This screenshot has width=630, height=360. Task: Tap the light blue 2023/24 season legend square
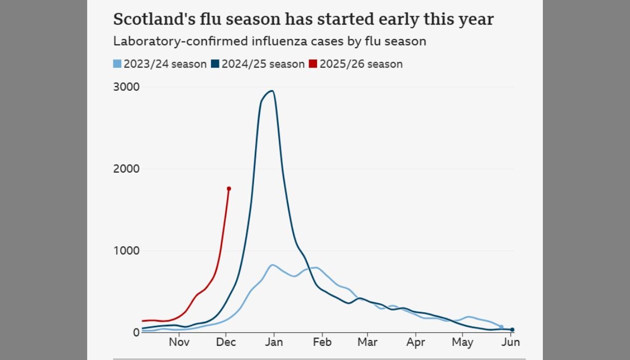click(x=117, y=64)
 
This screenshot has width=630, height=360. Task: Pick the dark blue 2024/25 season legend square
click(x=215, y=64)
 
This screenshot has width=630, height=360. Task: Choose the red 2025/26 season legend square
click(x=313, y=64)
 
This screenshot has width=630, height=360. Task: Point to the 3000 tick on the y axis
click(x=126, y=87)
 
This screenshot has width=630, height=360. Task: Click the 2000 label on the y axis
click(x=126, y=169)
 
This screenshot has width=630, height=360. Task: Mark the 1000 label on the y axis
click(x=126, y=251)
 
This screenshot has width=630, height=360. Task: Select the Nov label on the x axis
click(x=179, y=343)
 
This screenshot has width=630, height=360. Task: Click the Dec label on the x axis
click(x=226, y=343)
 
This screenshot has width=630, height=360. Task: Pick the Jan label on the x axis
click(x=274, y=343)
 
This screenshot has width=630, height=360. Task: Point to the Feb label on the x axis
click(x=322, y=343)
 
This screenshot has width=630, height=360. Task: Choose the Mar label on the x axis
click(x=367, y=343)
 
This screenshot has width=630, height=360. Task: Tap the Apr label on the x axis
click(x=416, y=343)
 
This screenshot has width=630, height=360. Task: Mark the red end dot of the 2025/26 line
click(x=229, y=188)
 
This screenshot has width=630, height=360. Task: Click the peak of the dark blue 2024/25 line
click(x=271, y=91)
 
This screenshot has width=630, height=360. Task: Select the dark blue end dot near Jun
click(x=512, y=330)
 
